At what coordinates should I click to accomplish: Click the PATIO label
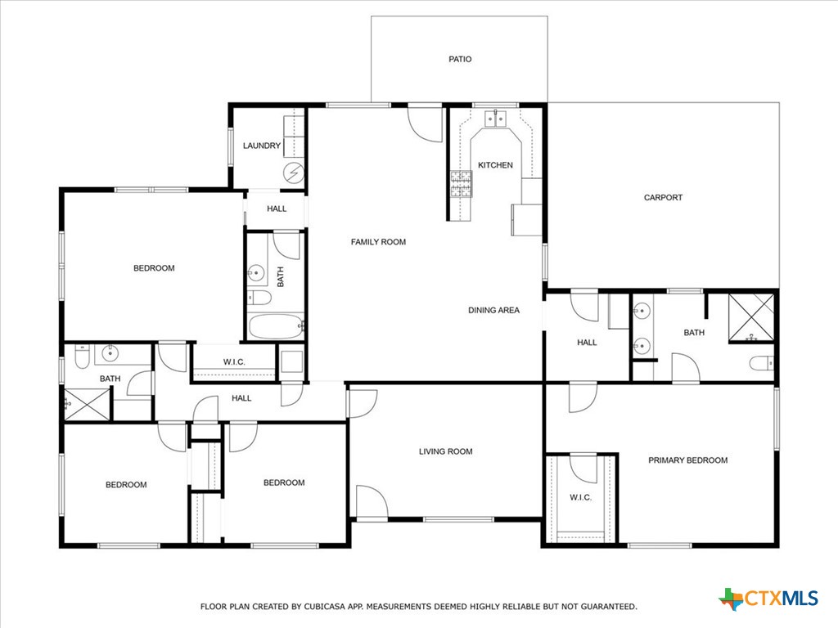460,59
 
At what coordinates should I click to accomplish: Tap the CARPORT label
663,197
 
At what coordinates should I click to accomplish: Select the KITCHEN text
495,165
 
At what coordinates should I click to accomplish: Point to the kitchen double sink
494,119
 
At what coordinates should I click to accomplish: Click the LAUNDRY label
262,146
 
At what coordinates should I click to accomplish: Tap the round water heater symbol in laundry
293,173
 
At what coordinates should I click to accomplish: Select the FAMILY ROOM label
378,242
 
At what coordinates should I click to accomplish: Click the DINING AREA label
493,310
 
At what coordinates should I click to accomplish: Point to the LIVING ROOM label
446,451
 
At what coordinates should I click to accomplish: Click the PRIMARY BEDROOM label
687,460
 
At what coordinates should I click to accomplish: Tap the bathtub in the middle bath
275,327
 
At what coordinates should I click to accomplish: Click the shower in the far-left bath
86,403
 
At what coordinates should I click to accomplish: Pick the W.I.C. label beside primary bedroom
580,497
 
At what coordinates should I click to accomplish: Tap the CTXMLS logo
768,599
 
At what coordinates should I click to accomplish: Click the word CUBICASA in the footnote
321,607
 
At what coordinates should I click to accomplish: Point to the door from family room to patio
425,121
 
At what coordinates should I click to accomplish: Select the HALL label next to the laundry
277,209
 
